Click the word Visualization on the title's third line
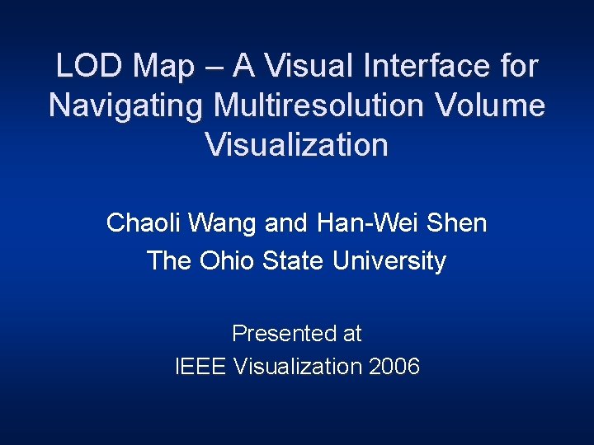tap(296, 145)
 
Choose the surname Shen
tap(460, 222)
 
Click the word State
tap(294, 261)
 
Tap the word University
tap(389, 261)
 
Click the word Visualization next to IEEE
tap(297, 366)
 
